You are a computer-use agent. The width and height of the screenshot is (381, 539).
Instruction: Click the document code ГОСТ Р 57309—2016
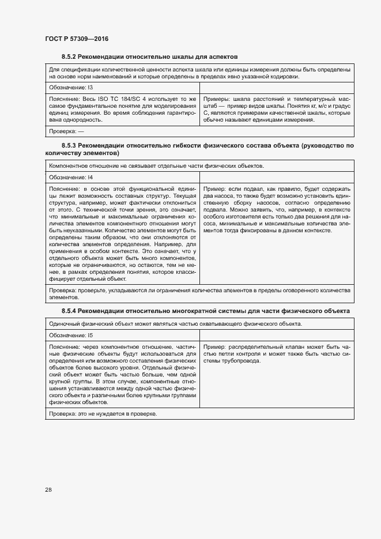pyautogui.click(x=77, y=39)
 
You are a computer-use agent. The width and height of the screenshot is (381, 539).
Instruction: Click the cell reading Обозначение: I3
pyautogui.click(x=71, y=87)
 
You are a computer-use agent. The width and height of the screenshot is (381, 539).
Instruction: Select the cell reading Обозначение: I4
pyautogui.click(x=71, y=178)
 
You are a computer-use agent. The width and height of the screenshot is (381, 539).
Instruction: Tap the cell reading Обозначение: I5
pyautogui.click(x=71, y=334)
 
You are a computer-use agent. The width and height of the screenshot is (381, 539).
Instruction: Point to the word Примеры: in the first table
pyautogui.click(x=217, y=99)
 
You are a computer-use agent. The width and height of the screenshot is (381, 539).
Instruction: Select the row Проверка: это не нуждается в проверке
pyautogui.click(x=103, y=414)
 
